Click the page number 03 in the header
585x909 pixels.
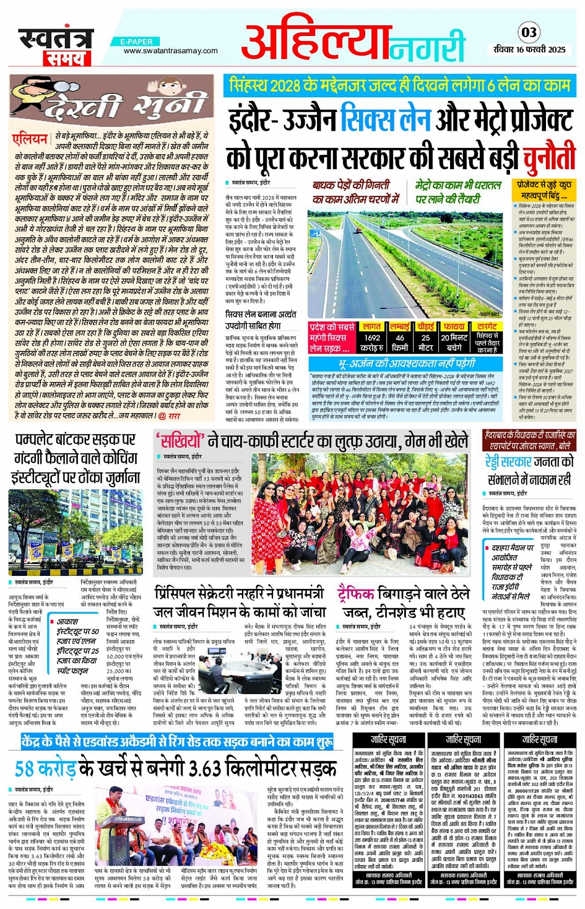tap(529, 32)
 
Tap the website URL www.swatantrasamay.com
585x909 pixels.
tap(170, 51)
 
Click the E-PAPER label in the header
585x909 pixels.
tap(137, 41)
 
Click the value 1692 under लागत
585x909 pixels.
tap(372, 337)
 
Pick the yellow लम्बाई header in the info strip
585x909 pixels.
tap(400, 326)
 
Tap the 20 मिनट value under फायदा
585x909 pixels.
tap(454, 337)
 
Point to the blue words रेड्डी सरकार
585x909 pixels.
tap(508, 463)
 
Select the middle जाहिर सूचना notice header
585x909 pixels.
tap(464, 739)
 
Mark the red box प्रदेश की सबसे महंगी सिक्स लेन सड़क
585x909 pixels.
tap(332, 337)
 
